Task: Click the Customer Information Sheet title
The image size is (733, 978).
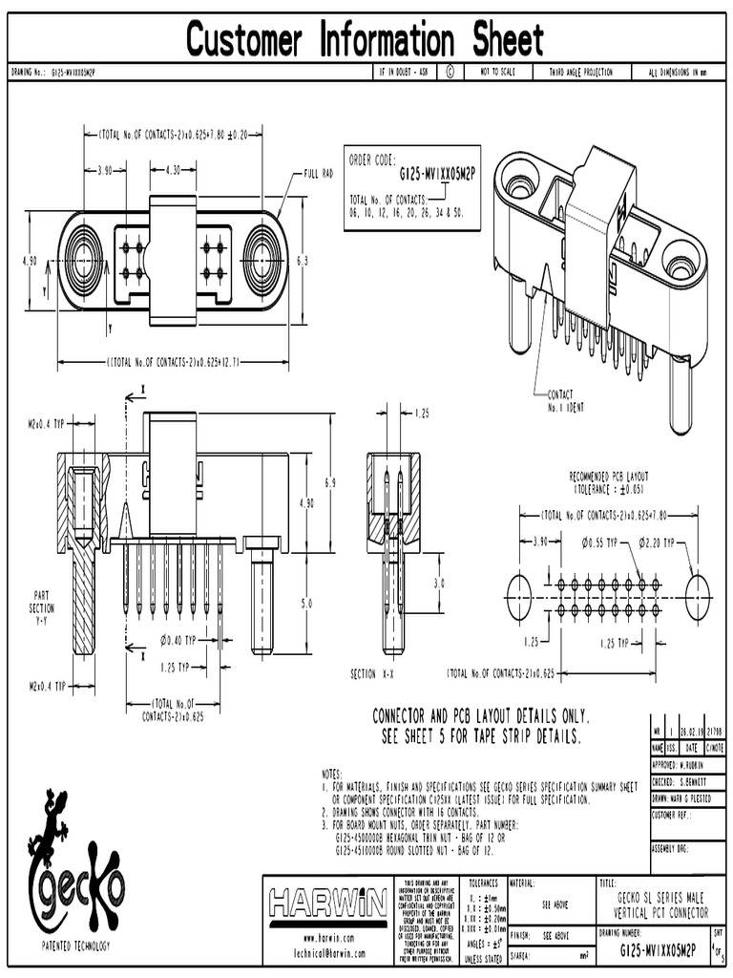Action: click(366, 40)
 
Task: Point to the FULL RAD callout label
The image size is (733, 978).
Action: click(318, 174)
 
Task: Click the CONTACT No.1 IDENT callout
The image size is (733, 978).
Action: click(565, 399)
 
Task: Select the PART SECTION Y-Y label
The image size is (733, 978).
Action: click(42, 607)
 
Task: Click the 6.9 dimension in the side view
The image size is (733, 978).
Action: click(330, 484)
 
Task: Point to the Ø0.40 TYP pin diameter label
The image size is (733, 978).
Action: click(178, 640)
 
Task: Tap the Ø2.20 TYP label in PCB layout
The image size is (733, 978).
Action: click(657, 542)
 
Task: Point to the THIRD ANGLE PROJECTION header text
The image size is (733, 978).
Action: click(579, 73)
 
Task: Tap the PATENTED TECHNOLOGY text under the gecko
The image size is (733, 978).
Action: click(75, 946)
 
